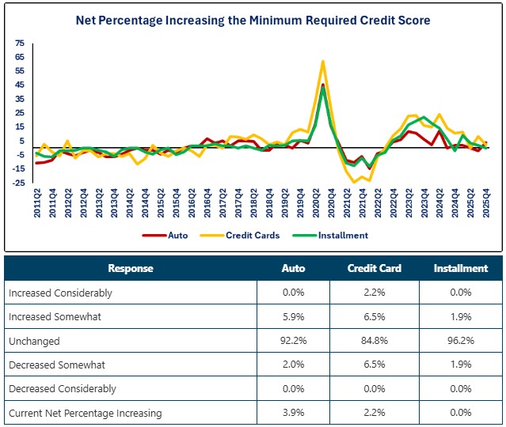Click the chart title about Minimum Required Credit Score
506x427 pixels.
tap(253, 20)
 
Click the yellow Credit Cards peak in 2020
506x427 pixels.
tap(322, 61)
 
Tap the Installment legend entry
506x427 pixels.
tap(343, 235)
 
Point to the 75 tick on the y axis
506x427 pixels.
tap(20, 43)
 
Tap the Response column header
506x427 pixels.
tap(131, 268)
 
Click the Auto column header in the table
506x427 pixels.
tap(293, 268)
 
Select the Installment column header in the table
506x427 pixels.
tap(460, 268)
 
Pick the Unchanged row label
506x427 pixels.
tap(34, 341)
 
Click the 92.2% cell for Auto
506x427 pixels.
tap(293, 341)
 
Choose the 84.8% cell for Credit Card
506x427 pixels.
tap(374, 341)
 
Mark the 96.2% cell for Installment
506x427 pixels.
tap(460, 341)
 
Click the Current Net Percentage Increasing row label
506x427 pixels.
tap(85, 413)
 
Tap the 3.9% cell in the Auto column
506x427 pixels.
tap(293, 413)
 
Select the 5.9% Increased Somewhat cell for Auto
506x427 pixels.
tap(293, 316)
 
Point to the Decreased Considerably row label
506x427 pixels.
tap(62, 389)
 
